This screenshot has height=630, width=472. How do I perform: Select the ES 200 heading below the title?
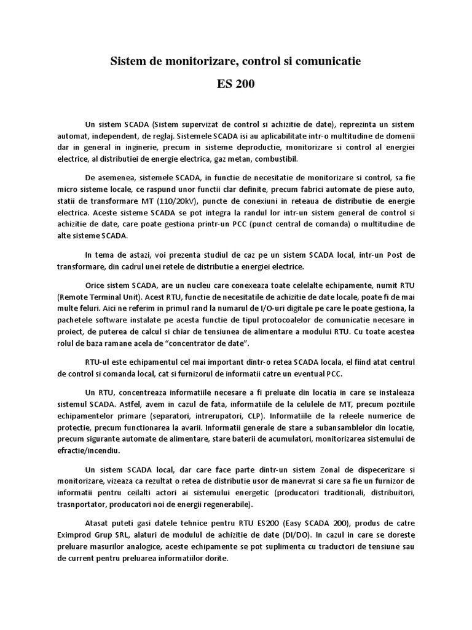236,84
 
